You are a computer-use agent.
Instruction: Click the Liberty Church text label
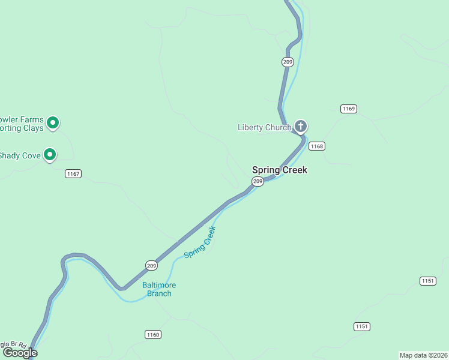point(264,127)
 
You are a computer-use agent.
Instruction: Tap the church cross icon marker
point(301,127)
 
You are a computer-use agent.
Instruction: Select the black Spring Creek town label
point(279,170)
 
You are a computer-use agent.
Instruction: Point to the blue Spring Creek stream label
point(199,242)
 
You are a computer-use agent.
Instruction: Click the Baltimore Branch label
point(159,289)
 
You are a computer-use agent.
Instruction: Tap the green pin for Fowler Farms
point(53,123)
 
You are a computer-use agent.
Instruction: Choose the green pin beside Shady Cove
point(50,155)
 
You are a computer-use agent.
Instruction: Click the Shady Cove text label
point(20,156)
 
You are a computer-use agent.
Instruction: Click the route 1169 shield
point(348,109)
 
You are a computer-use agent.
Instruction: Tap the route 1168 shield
point(316,146)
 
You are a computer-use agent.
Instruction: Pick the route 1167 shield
point(73,174)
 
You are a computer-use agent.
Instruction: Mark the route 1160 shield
point(152,334)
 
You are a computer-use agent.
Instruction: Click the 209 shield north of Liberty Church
point(288,62)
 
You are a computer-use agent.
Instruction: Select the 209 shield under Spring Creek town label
point(258,181)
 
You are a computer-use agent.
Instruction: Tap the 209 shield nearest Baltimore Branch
point(151,265)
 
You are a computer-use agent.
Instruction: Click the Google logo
point(20,353)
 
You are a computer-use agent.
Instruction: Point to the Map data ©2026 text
point(423,355)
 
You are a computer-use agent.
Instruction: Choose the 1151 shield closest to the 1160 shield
point(361,326)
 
